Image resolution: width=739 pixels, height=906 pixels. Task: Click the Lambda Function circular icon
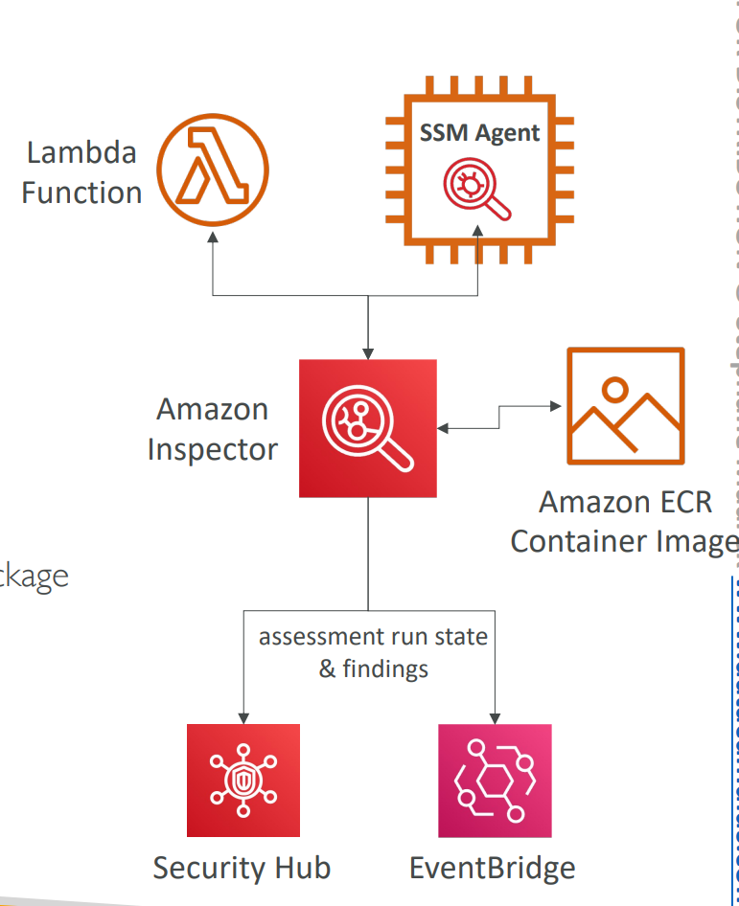coord(213,170)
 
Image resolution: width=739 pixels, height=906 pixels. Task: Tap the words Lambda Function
coord(81,172)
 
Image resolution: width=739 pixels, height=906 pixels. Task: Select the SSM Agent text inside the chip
coord(479,132)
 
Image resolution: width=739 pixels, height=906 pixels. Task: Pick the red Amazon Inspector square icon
coord(368,428)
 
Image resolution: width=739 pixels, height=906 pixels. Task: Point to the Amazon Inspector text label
coord(212,429)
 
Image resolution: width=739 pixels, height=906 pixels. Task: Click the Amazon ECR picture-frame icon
coord(625,406)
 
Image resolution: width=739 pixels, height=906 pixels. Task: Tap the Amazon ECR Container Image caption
coord(624,521)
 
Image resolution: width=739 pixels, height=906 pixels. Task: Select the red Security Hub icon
coord(243,781)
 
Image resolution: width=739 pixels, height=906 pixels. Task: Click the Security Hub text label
coord(242,868)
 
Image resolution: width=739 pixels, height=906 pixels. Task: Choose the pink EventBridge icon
coord(495,781)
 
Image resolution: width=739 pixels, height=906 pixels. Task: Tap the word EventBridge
coord(493,868)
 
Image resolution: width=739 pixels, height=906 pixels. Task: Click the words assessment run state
coord(373,637)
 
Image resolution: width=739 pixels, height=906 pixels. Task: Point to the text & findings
coord(373,668)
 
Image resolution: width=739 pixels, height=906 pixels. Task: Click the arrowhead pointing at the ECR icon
coord(556,406)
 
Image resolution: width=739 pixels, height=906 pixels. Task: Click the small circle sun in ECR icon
coord(614,389)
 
